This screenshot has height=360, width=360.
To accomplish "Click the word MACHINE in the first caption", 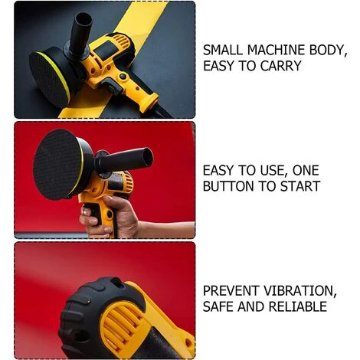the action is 277,50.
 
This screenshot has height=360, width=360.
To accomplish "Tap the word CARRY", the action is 281,66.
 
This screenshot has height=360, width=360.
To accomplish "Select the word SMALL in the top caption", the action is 223,50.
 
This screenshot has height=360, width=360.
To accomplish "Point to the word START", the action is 300,186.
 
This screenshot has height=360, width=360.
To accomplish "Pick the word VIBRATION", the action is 300,290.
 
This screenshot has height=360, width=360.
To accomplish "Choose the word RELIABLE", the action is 298,306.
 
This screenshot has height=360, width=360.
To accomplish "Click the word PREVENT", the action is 231,290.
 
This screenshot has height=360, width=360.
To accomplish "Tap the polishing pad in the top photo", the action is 51,77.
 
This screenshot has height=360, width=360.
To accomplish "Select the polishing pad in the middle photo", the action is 64,163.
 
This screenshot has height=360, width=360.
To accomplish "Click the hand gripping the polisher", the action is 110,217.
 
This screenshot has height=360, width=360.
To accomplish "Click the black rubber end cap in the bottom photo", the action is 97,316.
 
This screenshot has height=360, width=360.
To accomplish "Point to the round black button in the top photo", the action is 123,77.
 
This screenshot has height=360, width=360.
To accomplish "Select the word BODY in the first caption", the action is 329,50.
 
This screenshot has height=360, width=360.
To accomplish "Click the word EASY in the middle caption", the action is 218,170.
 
